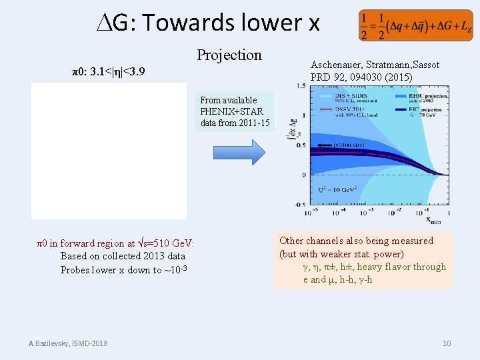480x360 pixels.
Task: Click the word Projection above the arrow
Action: click(x=229, y=55)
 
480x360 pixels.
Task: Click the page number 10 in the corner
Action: click(x=447, y=343)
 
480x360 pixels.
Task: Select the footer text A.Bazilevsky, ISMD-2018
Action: click(x=68, y=343)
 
